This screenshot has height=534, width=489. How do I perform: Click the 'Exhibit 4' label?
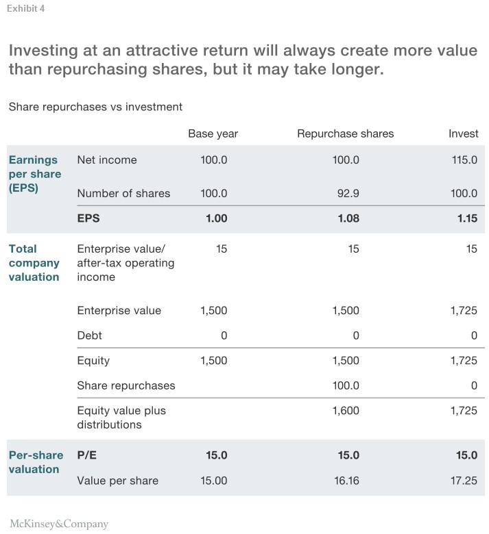[26, 9]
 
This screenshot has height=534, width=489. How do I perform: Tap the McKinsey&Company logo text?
[59, 524]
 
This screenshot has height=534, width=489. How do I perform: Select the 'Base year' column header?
[213, 133]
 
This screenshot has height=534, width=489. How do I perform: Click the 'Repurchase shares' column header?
[345, 133]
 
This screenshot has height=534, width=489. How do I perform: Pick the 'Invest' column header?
[463, 133]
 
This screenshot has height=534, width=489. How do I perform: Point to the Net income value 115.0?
[464, 160]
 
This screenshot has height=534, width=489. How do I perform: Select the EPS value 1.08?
[348, 218]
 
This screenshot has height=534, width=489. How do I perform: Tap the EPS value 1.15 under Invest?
[466, 218]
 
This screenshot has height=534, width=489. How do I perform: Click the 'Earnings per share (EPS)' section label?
[34, 174]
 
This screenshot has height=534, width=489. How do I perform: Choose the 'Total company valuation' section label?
[34, 263]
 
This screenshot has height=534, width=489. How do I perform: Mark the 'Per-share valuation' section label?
[36, 462]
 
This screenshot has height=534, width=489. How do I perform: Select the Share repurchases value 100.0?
[346, 385]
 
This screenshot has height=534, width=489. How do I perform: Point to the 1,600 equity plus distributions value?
[346, 411]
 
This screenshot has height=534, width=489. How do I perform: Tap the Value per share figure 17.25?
[464, 481]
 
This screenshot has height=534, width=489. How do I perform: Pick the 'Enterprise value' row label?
[119, 310]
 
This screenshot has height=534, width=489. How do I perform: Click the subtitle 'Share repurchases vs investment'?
[95, 107]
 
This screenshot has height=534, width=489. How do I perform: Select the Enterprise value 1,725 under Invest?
[464, 310]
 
